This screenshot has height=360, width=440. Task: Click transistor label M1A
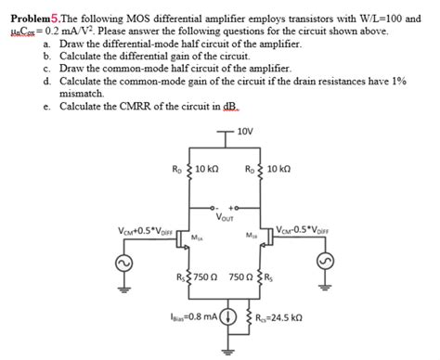click(x=197, y=238)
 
